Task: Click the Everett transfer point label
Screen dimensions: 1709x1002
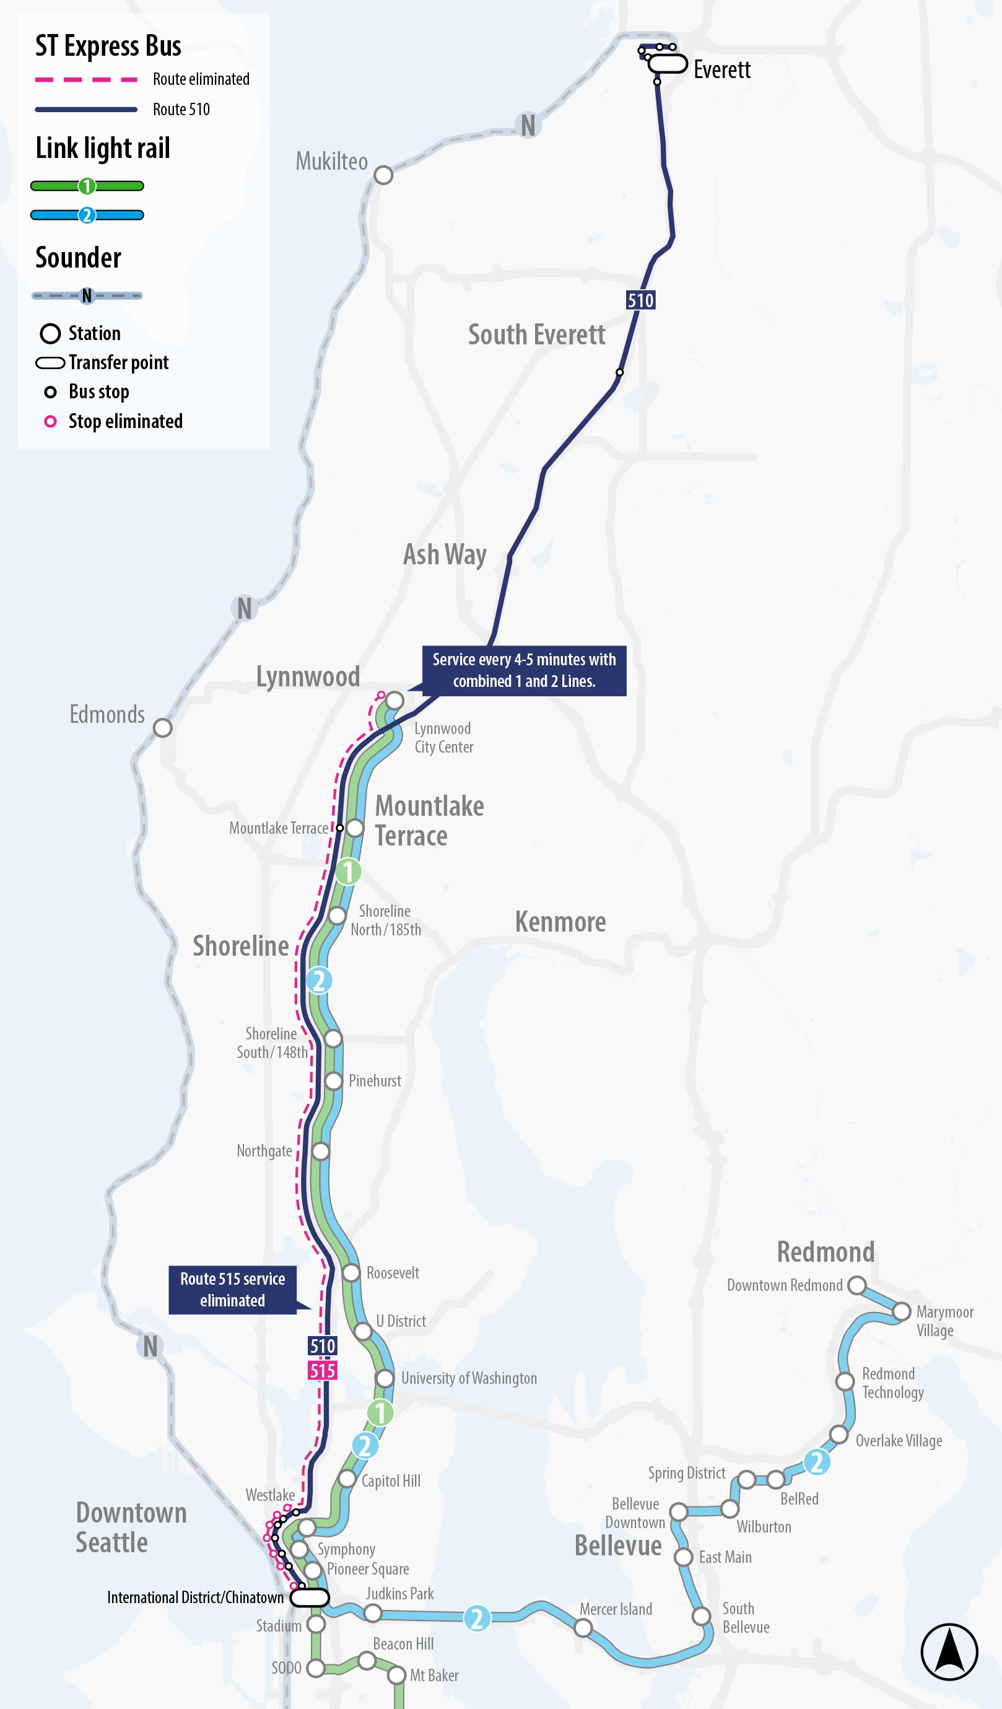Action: point(721,70)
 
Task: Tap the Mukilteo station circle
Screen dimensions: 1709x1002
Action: point(383,175)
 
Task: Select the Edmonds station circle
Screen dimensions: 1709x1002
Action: point(162,728)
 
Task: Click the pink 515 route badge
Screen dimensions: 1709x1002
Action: point(323,1371)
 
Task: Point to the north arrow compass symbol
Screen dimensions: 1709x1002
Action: point(949,1651)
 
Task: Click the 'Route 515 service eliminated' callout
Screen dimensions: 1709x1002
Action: point(232,1289)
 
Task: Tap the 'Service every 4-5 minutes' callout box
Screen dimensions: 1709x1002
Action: point(524,670)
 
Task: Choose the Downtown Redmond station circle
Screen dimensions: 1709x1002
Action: point(857,1285)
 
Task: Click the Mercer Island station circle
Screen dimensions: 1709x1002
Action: point(583,1627)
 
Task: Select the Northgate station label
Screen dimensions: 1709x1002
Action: point(264,1151)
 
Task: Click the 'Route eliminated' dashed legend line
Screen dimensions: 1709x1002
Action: point(86,79)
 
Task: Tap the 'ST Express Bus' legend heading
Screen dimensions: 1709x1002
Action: point(108,46)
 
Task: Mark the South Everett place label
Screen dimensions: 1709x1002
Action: point(536,334)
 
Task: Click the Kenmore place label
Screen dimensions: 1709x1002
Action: point(560,922)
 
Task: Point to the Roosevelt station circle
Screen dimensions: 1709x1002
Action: point(351,1272)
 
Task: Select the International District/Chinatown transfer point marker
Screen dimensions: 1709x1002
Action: point(310,1597)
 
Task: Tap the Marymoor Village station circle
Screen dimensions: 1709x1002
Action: point(901,1311)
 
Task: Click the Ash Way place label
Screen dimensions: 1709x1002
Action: point(445,554)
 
